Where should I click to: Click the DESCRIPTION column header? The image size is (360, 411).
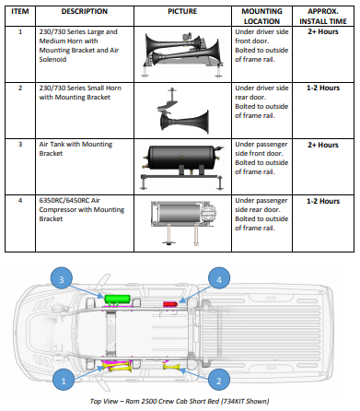point(85,11)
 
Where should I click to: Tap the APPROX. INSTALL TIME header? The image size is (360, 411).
point(323,17)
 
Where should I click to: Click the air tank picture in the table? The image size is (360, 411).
point(182,167)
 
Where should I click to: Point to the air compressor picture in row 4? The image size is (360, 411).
point(183,222)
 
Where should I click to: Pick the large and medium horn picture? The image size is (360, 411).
point(182,54)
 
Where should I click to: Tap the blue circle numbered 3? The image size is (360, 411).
point(62,279)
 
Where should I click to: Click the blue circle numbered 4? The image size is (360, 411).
point(219,279)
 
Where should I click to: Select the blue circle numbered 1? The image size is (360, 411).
point(64,382)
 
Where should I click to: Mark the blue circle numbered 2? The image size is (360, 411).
point(219,382)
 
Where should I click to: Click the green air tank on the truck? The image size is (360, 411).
point(117,299)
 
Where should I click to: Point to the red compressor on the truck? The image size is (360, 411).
point(170,304)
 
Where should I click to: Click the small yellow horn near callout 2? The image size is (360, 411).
point(171,367)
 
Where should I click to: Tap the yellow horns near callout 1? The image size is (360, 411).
point(120,367)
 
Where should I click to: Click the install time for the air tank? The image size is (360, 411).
point(323,145)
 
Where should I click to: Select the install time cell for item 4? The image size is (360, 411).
point(323,201)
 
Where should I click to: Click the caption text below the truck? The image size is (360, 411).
point(180,401)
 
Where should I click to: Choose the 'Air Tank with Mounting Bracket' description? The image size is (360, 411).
point(75,148)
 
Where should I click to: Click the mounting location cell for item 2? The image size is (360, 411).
point(261,101)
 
